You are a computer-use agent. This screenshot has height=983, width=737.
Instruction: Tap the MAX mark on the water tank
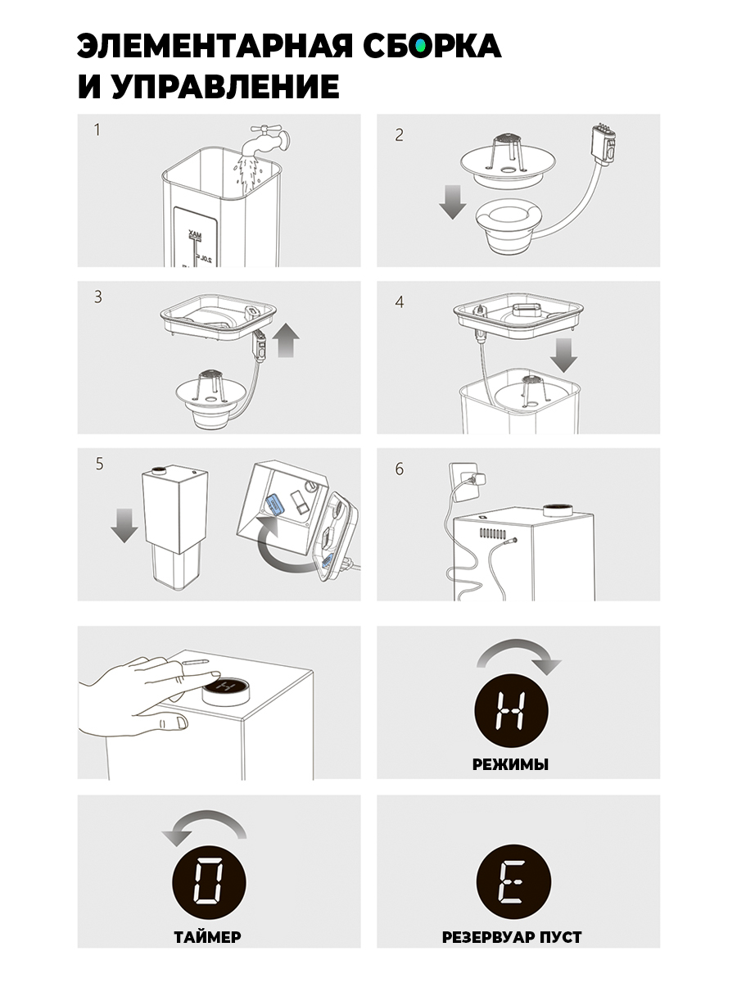(195, 234)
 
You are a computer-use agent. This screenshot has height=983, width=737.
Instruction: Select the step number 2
(399, 135)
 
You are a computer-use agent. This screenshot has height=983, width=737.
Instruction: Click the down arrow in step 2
(452, 202)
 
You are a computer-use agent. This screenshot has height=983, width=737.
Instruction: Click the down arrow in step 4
(563, 356)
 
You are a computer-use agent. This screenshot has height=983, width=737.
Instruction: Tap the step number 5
(99, 464)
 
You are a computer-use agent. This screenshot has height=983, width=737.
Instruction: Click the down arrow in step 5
(124, 526)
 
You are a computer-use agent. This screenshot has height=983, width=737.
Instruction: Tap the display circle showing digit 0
(209, 881)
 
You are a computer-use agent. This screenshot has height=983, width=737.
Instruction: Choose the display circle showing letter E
(513, 881)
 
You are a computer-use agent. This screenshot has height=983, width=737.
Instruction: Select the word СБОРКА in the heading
(432, 46)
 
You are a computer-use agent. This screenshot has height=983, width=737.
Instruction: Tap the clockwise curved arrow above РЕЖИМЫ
(519, 656)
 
